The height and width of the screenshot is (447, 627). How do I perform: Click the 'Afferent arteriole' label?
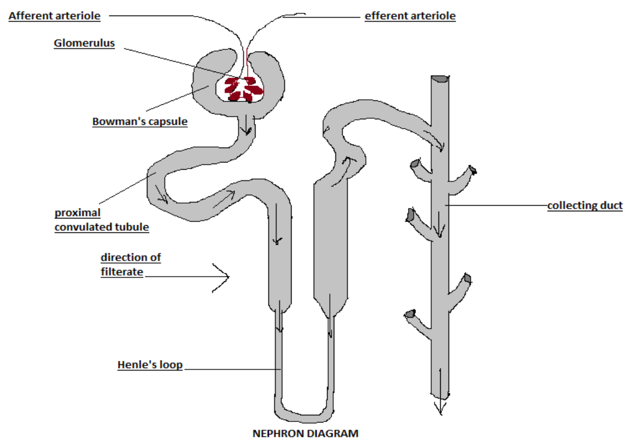click(54, 16)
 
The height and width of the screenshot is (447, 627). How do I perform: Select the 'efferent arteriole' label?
click(410, 16)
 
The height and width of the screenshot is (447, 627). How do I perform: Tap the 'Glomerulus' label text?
click(84, 43)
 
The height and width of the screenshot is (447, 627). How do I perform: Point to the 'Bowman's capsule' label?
click(140, 121)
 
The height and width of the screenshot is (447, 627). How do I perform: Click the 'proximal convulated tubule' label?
click(101, 220)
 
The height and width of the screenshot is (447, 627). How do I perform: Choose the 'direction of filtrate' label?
click(131, 265)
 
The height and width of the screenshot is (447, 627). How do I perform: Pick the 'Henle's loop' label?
click(150, 365)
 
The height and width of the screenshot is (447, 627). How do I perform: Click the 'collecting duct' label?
click(585, 206)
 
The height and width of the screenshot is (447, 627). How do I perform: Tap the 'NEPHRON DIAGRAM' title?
click(305, 433)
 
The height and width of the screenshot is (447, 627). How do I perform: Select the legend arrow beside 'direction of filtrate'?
click(220, 276)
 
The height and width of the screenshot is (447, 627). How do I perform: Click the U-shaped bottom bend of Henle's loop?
click(305, 410)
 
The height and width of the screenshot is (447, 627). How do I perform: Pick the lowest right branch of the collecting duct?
click(459, 285)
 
